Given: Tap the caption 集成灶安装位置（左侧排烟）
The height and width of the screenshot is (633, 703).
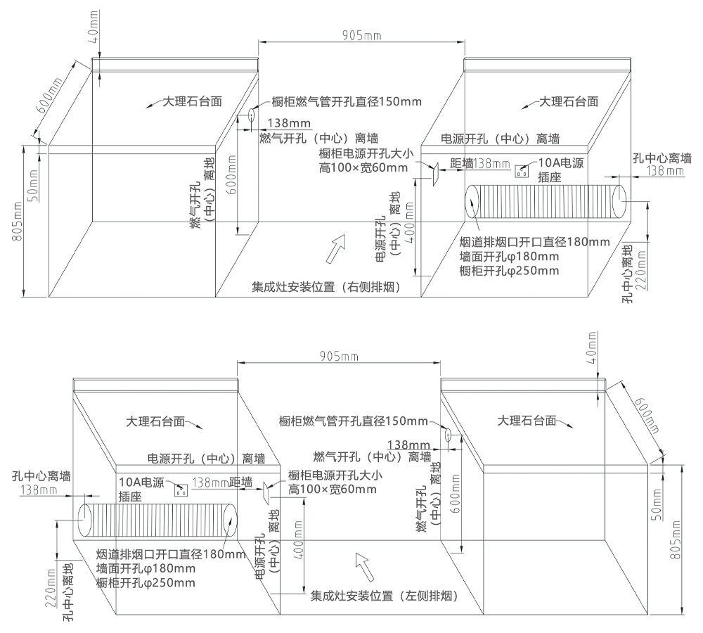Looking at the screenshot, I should click(385, 596).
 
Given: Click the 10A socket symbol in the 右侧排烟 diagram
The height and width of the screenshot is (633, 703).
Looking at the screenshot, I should click(522, 170).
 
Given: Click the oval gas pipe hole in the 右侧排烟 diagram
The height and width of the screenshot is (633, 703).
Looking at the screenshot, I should click(251, 115).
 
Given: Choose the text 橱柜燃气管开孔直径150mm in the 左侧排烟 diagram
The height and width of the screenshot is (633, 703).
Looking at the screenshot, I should click(353, 421).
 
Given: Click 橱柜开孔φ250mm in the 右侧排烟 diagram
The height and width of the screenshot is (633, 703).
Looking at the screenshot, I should click(509, 271).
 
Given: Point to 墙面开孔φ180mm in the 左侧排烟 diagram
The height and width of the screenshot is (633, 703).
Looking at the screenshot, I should click(146, 568).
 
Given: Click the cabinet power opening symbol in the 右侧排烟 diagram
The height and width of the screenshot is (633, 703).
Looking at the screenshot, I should click(434, 172).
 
